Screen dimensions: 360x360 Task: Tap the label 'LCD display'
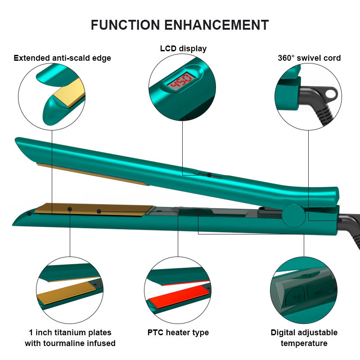[x=183, y=49]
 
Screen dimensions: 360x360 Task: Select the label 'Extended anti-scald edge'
[x=62, y=58]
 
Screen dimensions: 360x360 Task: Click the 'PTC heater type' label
[x=178, y=333]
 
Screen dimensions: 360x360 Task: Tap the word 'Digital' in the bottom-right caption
[x=285, y=333]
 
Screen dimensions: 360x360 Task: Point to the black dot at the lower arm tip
[x=29, y=213]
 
